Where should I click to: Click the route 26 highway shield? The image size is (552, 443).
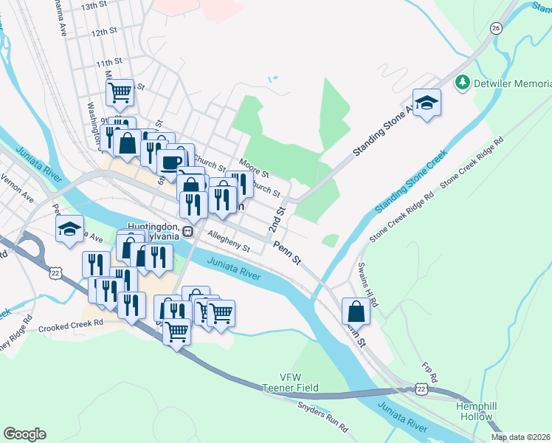click(x=496, y=28)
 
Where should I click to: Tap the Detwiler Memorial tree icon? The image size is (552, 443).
click(x=463, y=82)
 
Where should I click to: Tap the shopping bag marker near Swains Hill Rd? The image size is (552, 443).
click(x=356, y=311)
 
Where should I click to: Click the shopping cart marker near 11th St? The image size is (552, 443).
click(x=120, y=93)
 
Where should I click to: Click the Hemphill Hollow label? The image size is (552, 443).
click(x=473, y=411)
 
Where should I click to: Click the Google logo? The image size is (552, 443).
click(x=24, y=434)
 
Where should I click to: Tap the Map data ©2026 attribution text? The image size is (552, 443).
click(x=520, y=437)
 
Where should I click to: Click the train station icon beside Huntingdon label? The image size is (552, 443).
click(x=188, y=231)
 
